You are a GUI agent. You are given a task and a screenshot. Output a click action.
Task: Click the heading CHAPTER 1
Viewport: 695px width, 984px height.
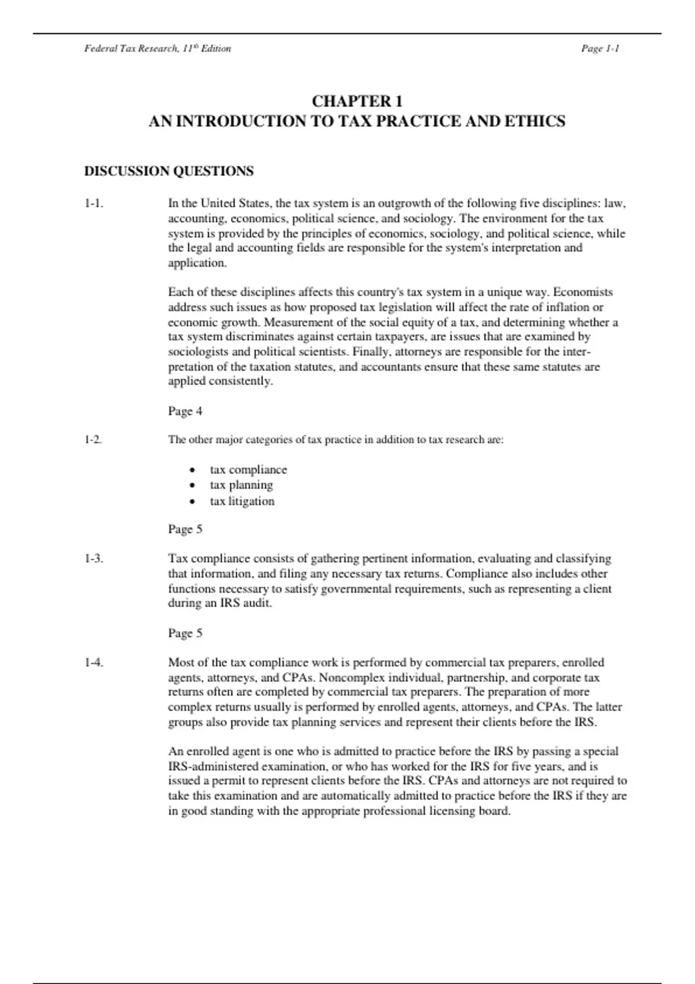pyautogui.click(x=357, y=101)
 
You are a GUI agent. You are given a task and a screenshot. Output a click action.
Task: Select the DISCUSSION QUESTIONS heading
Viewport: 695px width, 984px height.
pyautogui.click(x=169, y=171)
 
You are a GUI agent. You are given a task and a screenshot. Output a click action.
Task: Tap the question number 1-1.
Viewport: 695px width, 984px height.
pyautogui.click(x=94, y=203)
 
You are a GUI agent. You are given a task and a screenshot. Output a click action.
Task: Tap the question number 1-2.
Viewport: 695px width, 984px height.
pyautogui.click(x=93, y=439)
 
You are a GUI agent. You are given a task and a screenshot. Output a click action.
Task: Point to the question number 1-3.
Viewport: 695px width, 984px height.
pyautogui.click(x=94, y=559)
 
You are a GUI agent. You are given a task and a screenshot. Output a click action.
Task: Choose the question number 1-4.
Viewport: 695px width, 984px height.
pyautogui.click(x=94, y=662)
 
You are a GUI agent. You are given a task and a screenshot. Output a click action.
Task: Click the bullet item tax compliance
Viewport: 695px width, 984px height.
pyautogui.click(x=248, y=469)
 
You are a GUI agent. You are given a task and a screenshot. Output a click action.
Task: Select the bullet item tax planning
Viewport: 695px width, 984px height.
pyautogui.click(x=241, y=485)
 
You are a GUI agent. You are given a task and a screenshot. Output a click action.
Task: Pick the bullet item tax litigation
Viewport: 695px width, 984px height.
pyautogui.click(x=242, y=501)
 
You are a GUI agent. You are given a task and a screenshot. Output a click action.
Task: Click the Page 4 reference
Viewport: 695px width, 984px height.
pyautogui.click(x=185, y=411)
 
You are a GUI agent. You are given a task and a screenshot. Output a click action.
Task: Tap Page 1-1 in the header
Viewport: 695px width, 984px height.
pyautogui.click(x=600, y=49)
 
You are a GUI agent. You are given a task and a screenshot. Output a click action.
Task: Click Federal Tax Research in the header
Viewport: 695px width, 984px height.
pyautogui.click(x=131, y=49)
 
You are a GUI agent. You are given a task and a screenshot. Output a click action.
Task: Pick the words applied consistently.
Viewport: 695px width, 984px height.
pyautogui.click(x=220, y=381)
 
